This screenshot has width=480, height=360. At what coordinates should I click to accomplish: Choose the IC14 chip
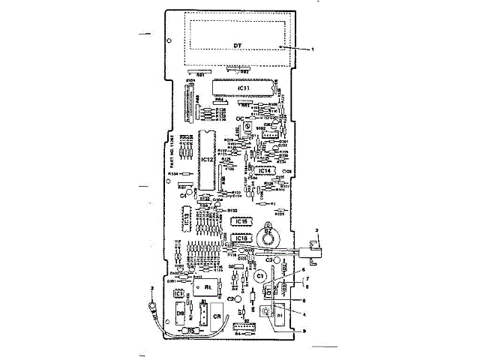pyautogui.click(x=263, y=171)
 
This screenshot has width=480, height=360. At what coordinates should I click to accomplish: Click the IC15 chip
pyautogui.click(x=241, y=223)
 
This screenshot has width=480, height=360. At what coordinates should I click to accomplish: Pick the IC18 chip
pyautogui.click(x=241, y=238)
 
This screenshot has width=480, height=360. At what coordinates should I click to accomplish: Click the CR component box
pyautogui.click(x=217, y=316)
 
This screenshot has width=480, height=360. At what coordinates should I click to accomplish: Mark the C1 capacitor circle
pyautogui.click(x=261, y=277)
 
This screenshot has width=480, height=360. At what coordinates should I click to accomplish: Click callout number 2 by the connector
pyautogui.click(x=317, y=227)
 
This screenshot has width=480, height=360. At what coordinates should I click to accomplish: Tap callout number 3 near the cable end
pyautogui.click(x=152, y=288)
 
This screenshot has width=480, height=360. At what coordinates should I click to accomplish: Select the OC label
pyautogui.click(x=240, y=119)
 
